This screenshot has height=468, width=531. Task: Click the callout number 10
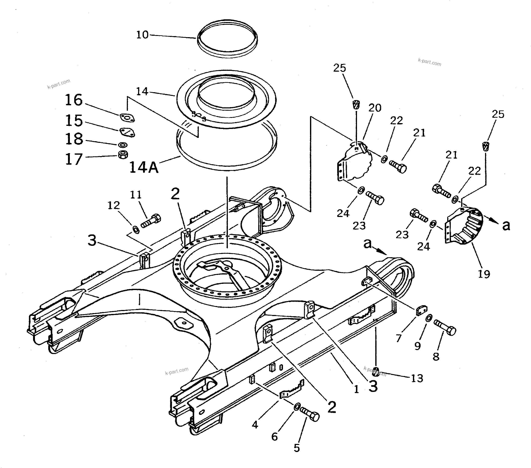point(142,35)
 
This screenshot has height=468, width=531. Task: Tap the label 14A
point(144,167)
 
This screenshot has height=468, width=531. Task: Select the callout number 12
point(114,206)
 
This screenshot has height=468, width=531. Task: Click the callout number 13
point(417,379)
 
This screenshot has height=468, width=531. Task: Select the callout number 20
point(375,108)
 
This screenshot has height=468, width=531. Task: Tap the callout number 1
point(356,389)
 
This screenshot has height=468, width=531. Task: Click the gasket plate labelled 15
point(127,132)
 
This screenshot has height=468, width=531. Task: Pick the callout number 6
point(275,437)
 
